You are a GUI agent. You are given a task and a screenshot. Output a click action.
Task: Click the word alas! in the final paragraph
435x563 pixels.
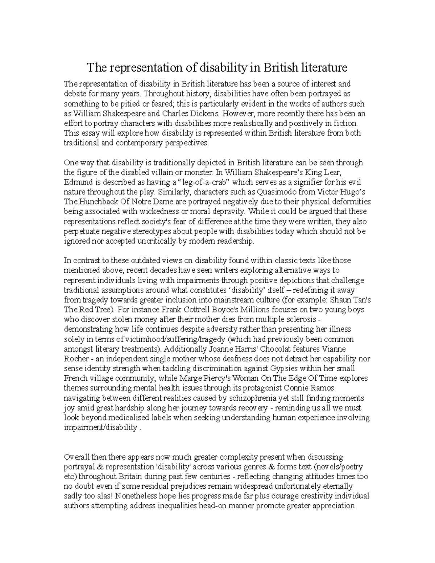coord(105,496)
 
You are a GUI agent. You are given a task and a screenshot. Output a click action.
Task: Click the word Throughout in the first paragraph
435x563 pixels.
coord(162,94)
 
